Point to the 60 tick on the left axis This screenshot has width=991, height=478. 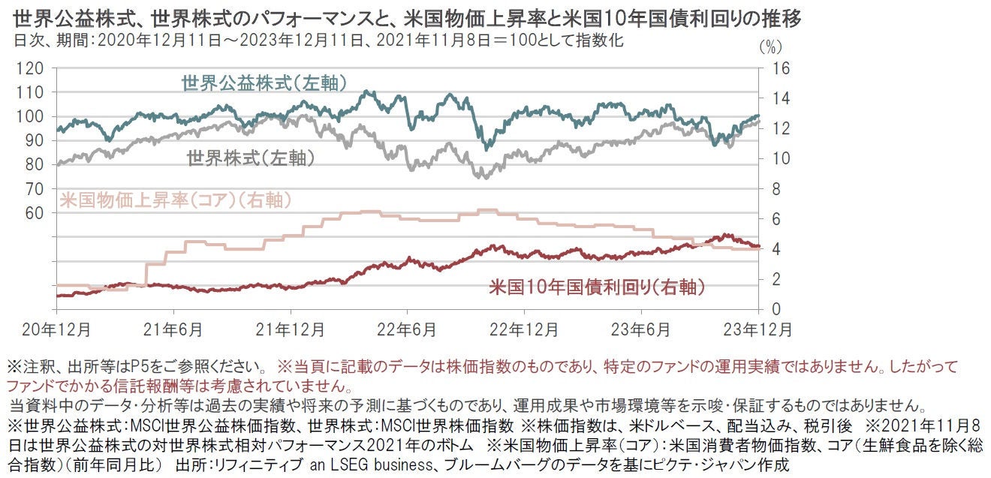tap(34, 213)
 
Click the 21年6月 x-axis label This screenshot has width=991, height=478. tap(173, 329)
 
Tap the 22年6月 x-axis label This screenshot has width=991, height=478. tap(407, 329)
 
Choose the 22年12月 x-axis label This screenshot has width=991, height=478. tap(524, 329)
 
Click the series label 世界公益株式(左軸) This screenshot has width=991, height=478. tap(264, 82)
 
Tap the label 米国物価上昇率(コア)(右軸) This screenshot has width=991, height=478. tap(174, 200)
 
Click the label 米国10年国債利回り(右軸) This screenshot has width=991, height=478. tap(597, 287)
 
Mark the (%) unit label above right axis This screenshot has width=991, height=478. tap(770, 47)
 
